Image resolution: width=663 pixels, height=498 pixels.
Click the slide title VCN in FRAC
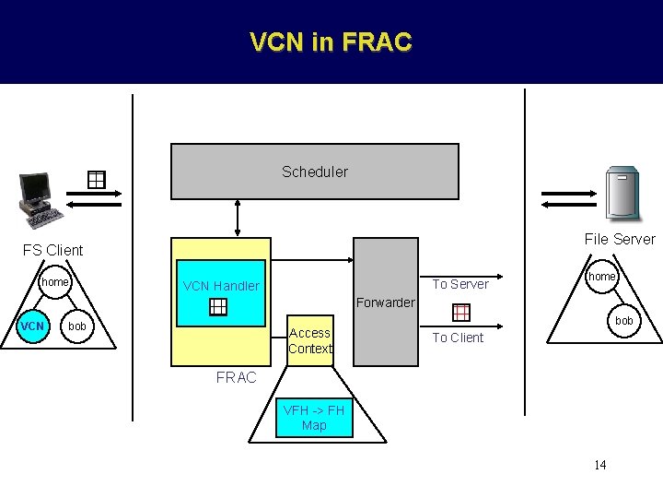pos(331,42)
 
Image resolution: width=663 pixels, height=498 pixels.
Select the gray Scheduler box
pos(314,172)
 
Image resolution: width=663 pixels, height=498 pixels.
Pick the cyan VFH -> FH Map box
pos(314,418)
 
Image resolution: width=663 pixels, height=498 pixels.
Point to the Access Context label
pos(309,340)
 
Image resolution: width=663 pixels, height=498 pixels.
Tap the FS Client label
pos(52,250)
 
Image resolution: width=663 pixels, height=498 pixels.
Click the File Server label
pos(620,239)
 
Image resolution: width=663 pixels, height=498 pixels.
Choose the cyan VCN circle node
pos(33,326)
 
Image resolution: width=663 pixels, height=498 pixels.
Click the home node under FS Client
pos(55,282)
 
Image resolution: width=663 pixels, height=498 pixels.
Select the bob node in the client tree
pos(78,326)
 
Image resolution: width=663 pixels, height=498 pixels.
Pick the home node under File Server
pos(601,277)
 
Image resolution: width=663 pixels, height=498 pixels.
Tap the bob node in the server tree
pos(623,321)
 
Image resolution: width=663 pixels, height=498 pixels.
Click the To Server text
pos(460,284)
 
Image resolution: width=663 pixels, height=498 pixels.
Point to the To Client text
pos(458,338)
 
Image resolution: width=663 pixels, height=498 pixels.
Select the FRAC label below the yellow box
pos(236,377)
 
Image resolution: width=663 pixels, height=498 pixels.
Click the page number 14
pos(599,465)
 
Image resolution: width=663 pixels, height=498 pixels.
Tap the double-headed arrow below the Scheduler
pos(238,219)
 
